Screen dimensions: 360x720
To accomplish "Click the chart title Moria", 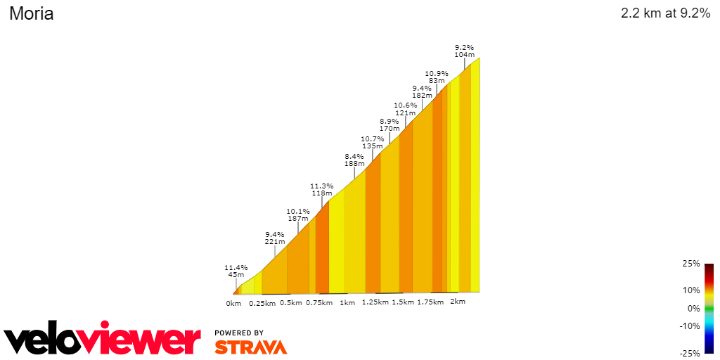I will point(31,13).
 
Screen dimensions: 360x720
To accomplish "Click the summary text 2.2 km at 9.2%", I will point(665,13).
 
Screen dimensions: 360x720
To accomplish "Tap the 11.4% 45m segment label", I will point(236,271).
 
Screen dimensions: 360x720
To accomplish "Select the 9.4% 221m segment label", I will point(274,238).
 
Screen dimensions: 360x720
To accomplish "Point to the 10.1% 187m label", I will point(298,215).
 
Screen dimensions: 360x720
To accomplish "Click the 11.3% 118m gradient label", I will point(322,190).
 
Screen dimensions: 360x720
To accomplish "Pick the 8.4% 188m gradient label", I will point(354,160).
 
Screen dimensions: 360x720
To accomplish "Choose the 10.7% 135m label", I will point(373,143).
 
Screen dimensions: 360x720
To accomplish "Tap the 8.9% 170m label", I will point(390,125).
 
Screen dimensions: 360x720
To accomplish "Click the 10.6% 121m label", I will point(405,109).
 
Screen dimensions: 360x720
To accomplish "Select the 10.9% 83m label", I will point(437,77).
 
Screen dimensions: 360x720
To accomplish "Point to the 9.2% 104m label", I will point(464,51).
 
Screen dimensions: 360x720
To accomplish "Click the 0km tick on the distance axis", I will point(233,304).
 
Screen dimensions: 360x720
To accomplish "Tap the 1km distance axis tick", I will point(347,303).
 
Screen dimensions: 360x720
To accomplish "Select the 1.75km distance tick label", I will point(430,302).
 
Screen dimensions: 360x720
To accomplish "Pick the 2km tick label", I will point(457,302).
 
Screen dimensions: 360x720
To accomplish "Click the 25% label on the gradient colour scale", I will point(690,264).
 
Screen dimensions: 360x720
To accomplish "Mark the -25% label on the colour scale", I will point(689,353).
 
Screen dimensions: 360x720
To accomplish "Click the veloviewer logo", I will point(103,340).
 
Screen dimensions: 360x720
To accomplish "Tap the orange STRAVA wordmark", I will point(251,347).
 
